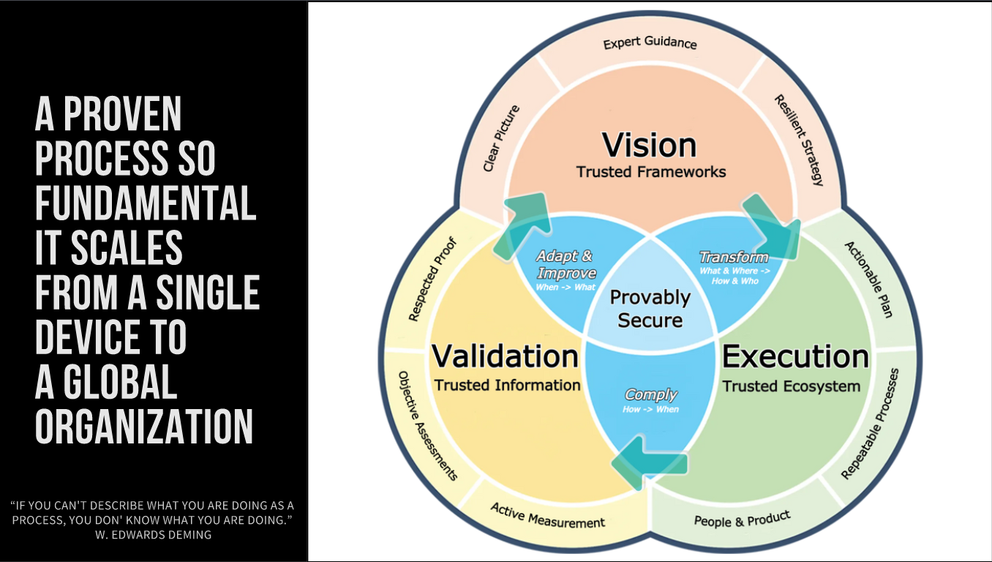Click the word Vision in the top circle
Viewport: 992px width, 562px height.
click(650, 145)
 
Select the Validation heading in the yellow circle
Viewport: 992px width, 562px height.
click(506, 356)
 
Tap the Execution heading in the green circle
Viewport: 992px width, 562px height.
click(795, 356)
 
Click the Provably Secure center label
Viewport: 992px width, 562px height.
click(650, 309)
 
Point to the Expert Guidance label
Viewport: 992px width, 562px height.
click(650, 42)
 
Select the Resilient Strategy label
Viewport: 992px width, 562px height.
click(799, 139)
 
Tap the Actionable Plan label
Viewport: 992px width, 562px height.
click(868, 279)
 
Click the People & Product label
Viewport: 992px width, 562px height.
click(742, 519)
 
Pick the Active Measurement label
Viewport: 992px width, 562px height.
click(547, 515)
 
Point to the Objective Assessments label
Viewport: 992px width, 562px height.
click(427, 425)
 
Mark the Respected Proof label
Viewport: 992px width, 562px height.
click(432, 279)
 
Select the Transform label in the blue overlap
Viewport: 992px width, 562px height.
click(733, 257)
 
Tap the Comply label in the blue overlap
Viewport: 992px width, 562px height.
click(650, 395)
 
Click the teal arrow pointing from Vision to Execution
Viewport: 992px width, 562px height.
click(771, 224)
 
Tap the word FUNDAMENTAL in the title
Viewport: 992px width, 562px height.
click(146, 203)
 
